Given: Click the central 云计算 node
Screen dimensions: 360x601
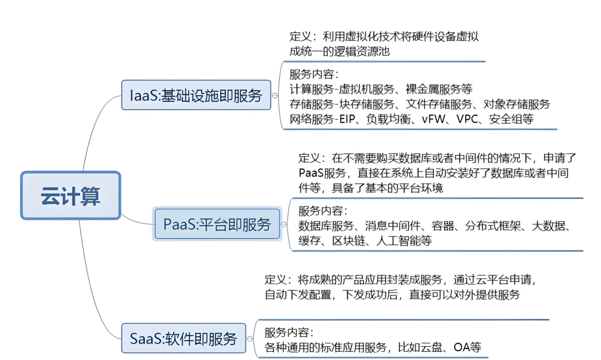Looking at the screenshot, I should [x=71, y=195].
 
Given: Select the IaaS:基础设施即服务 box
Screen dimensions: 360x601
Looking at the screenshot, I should [x=196, y=95].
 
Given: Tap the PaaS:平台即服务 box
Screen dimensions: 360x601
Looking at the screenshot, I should [x=217, y=224].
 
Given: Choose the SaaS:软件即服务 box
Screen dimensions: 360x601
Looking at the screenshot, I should [x=184, y=338].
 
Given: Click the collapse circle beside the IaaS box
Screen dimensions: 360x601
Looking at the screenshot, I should [x=274, y=96].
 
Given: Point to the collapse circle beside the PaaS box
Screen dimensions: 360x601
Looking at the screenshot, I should [x=284, y=224].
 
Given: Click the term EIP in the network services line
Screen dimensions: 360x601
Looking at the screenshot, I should [x=349, y=119].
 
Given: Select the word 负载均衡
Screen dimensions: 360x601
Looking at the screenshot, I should [x=388, y=119].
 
